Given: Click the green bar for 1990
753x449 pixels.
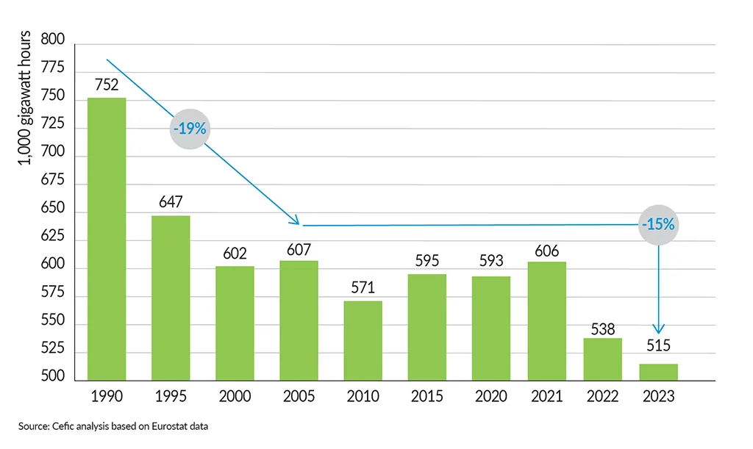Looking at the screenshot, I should coord(107,239).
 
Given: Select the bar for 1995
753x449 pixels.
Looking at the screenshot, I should coord(171,298).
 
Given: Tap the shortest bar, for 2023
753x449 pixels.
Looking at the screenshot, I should coord(658,372).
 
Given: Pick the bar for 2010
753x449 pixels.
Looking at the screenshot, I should coord(363,340).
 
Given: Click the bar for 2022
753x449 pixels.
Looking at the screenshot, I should coord(602,359).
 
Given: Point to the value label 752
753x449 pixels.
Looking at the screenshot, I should coord(107,86).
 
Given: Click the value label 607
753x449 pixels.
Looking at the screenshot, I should coord(299,249).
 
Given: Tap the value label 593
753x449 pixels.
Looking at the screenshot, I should coord(491,265).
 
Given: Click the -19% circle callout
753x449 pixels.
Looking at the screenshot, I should coord(190,129).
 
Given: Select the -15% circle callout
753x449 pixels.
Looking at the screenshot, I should coord(657,225).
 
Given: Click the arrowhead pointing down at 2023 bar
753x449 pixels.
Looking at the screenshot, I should coord(658,328).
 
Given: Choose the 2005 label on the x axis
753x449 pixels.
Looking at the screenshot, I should coord(299,397).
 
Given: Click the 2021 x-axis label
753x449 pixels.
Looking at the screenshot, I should coord(547,397).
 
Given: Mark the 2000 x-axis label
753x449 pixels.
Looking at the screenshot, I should coord(235,397).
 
